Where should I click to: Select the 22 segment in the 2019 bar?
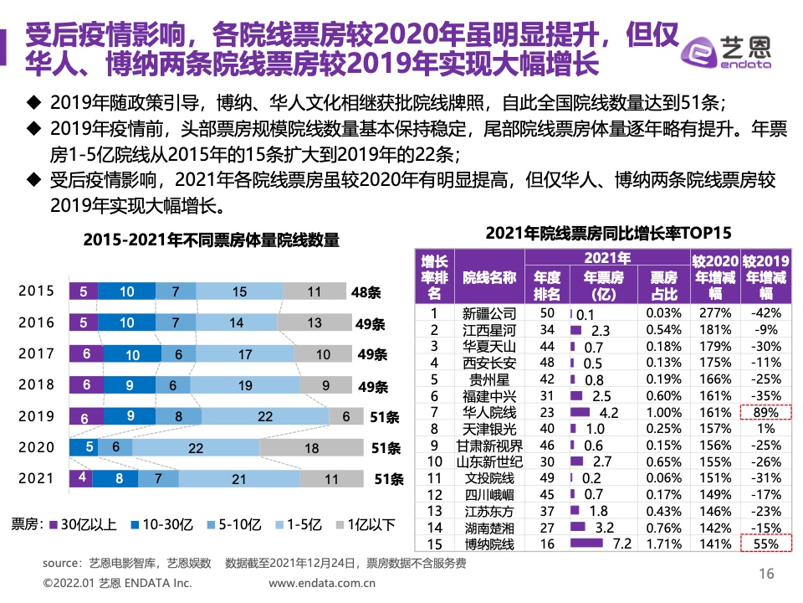click(x=265, y=416)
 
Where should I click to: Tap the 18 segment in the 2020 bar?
click(x=311, y=448)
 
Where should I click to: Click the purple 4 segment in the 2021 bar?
click(x=81, y=479)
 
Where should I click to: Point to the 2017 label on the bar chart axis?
click(x=36, y=353)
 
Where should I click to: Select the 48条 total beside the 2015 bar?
click(x=366, y=292)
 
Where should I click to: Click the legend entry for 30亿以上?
click(x=83, y=525)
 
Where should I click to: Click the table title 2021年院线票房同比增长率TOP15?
click(x=608, y=233)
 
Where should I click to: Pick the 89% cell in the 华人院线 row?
click(x=765, y=413)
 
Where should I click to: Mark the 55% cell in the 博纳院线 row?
click(x=765, y=544)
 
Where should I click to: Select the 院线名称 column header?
click(x=489, y=277)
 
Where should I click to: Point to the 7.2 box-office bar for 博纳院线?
click(x=586, y=544)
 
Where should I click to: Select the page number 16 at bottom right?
click(x=765, y=574)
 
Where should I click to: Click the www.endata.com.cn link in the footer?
click(x=322, y=583)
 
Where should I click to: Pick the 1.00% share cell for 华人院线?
click(x=664, y=413)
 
